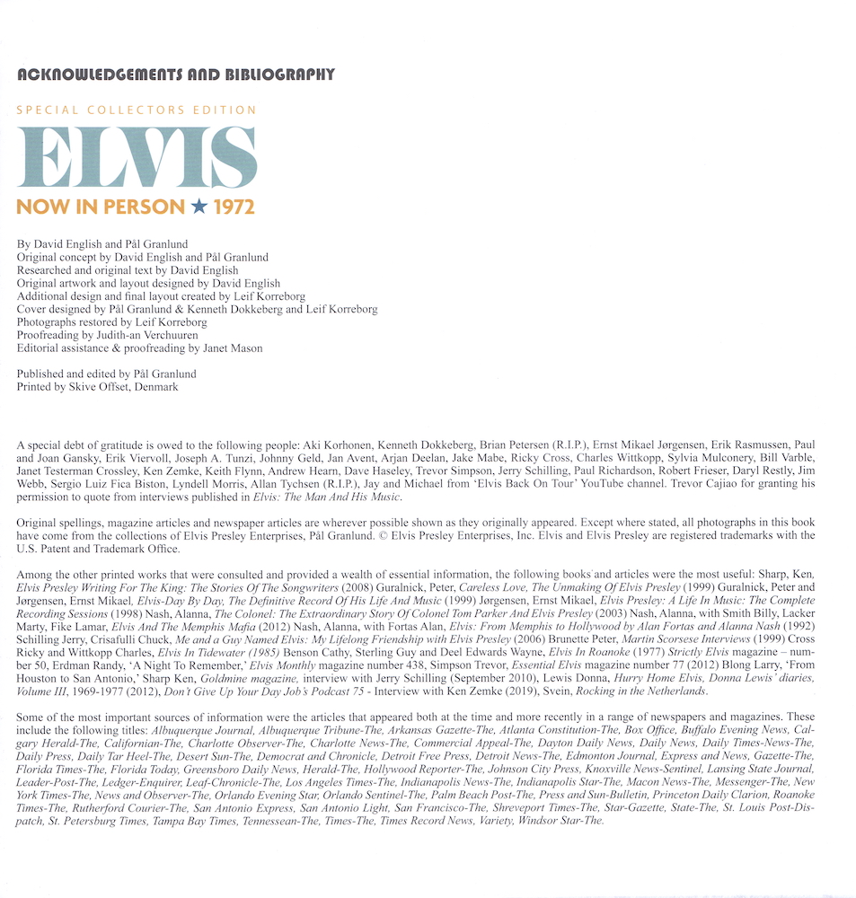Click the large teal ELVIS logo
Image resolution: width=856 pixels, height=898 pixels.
[137, 156]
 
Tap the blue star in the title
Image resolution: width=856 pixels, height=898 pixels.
[199, 207]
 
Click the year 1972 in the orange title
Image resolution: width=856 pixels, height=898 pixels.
[234, 207]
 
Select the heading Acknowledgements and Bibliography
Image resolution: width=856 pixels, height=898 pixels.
[176, 75]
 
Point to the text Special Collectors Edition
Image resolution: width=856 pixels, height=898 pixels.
[137, 110]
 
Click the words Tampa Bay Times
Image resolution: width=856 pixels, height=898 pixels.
[180, 819]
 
